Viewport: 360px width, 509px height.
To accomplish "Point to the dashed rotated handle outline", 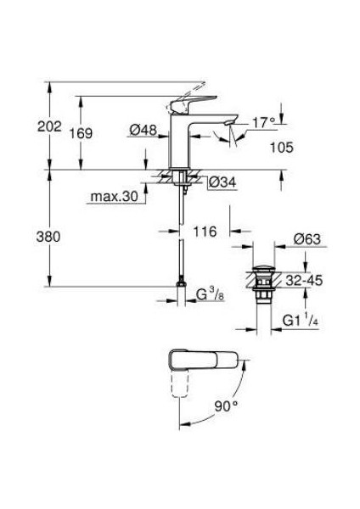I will (180, 390).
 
